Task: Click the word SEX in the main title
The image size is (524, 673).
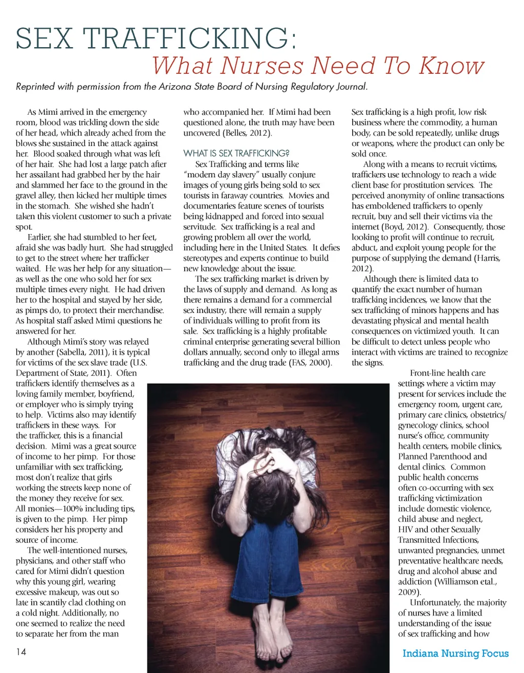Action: [44, 38]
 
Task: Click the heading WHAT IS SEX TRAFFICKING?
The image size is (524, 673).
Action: [236, 153]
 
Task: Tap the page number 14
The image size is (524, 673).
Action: [21, 652]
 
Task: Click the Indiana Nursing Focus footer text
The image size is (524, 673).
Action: [455, 653]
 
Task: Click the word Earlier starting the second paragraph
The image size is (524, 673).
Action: [41, 237]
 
